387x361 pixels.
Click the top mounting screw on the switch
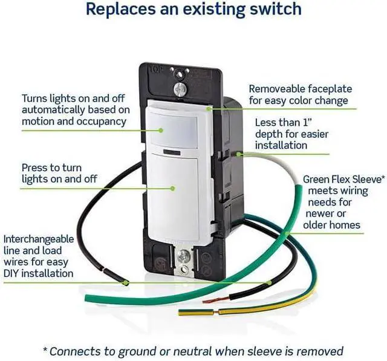[179, 89]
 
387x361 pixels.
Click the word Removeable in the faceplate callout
[278, 89]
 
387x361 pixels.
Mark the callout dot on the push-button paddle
[172, 188]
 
